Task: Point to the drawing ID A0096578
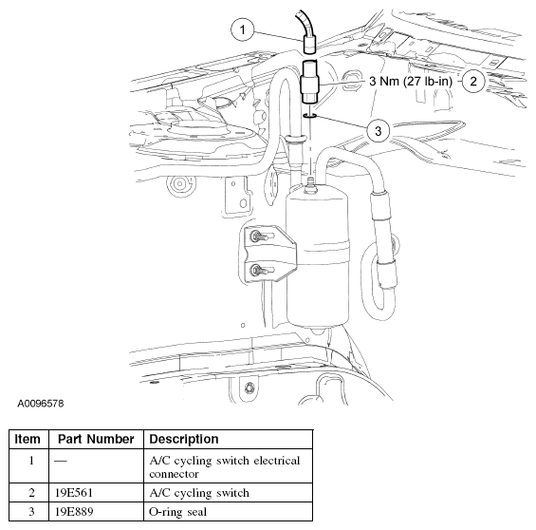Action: (41, 404)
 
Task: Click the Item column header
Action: (28, 440)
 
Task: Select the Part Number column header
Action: (94, 440)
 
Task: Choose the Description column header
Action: (185, 440)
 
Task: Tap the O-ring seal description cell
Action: (181, 513)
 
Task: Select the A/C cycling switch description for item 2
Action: (199, 493)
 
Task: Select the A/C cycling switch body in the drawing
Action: (310, 83)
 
